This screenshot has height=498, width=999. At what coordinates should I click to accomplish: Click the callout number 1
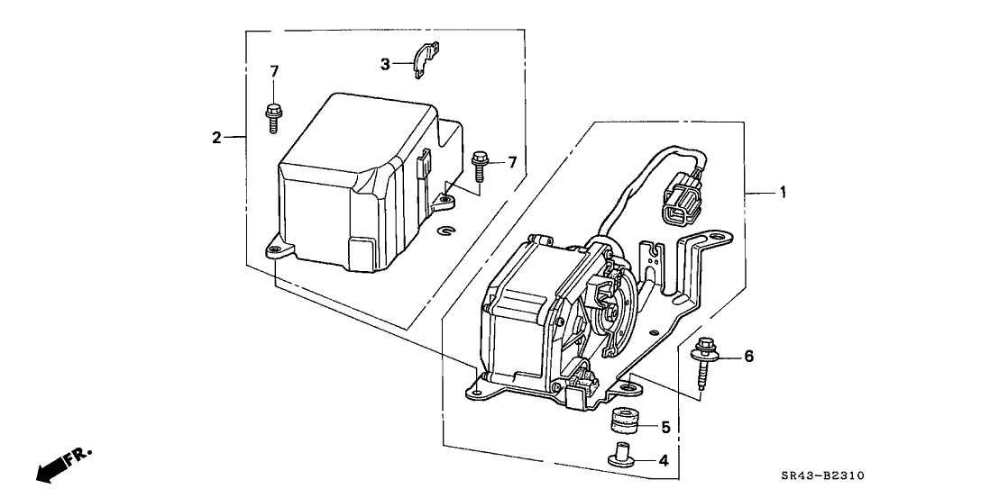783,192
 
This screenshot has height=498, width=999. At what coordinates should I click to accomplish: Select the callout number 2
216,137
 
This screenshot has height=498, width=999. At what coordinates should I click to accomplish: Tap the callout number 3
385,64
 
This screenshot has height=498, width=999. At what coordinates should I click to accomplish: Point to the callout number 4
664,460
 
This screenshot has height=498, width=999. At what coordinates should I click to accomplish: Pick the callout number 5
665,427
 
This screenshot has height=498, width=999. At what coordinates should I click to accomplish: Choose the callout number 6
747,357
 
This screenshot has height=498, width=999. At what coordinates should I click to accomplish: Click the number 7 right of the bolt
511,162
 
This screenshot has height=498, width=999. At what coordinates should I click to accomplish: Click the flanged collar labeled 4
619,455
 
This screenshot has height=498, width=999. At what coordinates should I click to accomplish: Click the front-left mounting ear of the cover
276,249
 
